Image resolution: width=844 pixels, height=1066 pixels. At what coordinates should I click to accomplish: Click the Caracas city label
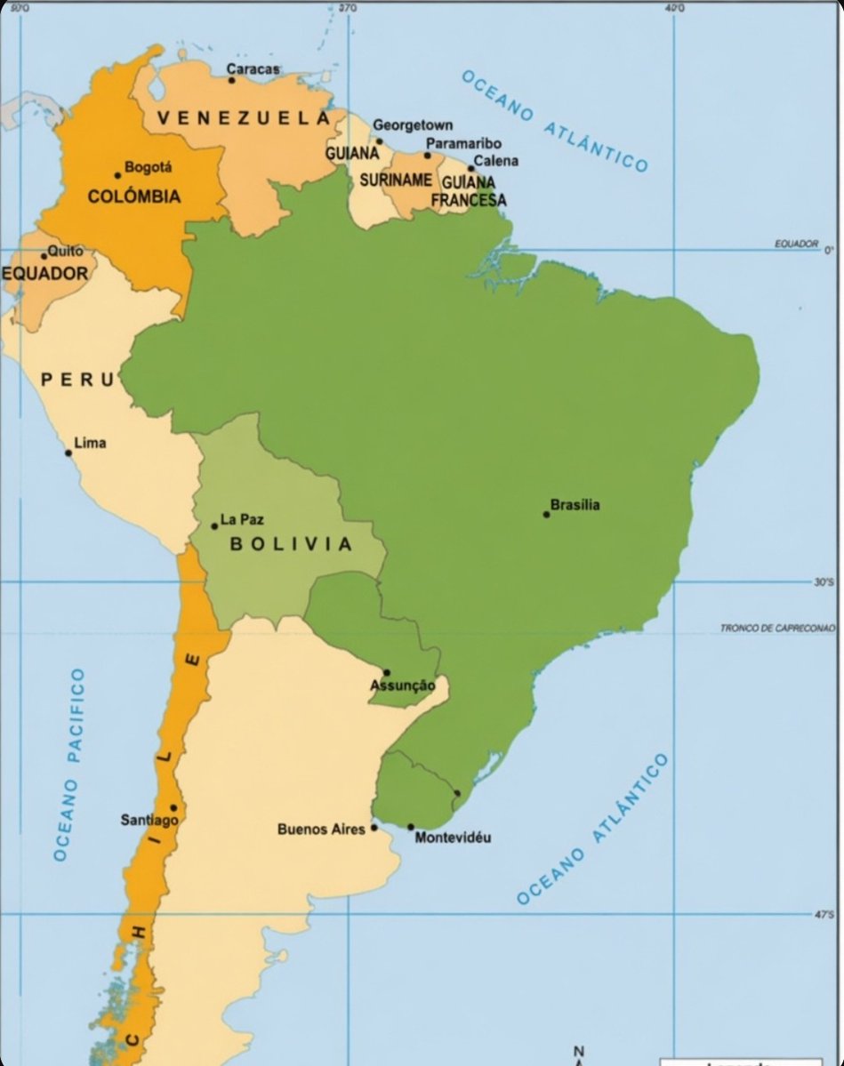pyautogui.click(x=253, y=68)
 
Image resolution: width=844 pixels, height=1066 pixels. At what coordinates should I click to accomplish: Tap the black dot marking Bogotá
pyautogui.click(x=117, y=175)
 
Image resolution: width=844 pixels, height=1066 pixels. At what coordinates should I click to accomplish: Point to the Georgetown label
pyautogui.click(x=412, y=125)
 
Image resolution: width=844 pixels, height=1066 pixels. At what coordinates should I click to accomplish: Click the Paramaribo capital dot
pyautogui.click(x=427, y=156)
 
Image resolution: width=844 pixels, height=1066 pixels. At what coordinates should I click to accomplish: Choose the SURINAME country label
pyautogui.click(x=395, y=180)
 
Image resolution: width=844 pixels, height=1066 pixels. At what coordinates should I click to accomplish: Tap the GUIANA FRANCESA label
pyautogui.click(x=468, y=190)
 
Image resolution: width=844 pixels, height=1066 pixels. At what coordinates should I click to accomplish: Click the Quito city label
pyautogui.click(x=65, y=251)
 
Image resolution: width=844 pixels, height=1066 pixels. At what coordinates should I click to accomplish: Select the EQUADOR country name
pyautogui.click(x=45, y=273)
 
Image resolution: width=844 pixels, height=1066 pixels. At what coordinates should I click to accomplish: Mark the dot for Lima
pyautogui.click(x=68, y=453)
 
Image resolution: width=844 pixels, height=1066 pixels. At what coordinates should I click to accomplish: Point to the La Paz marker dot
pyautogui.click(x=214, y=526)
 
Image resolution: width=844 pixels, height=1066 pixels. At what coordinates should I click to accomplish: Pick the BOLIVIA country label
pyautogui.click(x=292, y=544)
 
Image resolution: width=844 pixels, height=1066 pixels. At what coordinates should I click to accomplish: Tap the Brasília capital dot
pyautogui.click(x=546, y=514)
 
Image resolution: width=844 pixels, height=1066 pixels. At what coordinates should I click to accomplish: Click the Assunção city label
pyautogui.click(x=403, y=685)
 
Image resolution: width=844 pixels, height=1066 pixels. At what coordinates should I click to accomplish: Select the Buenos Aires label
pyautogui.click(x=321, y=829)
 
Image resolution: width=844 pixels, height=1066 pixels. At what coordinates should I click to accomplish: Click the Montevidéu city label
pyautogui.click(x=453, y=838)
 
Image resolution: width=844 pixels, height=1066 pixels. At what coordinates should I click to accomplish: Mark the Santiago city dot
pyautogui.click(x=173, y=808)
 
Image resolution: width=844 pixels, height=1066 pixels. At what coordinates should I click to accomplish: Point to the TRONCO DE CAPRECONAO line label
pyautogui.click(x=777, y=629)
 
